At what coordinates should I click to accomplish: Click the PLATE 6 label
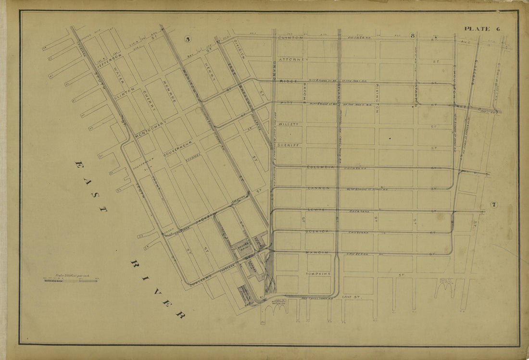click(482, 29)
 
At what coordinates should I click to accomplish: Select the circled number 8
click(412, 36)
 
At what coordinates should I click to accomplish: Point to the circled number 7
click(494, 205)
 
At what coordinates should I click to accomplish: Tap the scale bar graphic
click(70, 280)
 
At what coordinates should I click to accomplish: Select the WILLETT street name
click(289, 124)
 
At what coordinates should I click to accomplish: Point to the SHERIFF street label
click(289, 145)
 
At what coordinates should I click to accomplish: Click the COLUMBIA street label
click(320, 167)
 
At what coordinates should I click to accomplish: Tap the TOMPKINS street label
click(319, 273)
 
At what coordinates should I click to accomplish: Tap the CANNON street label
click(317, 188)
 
